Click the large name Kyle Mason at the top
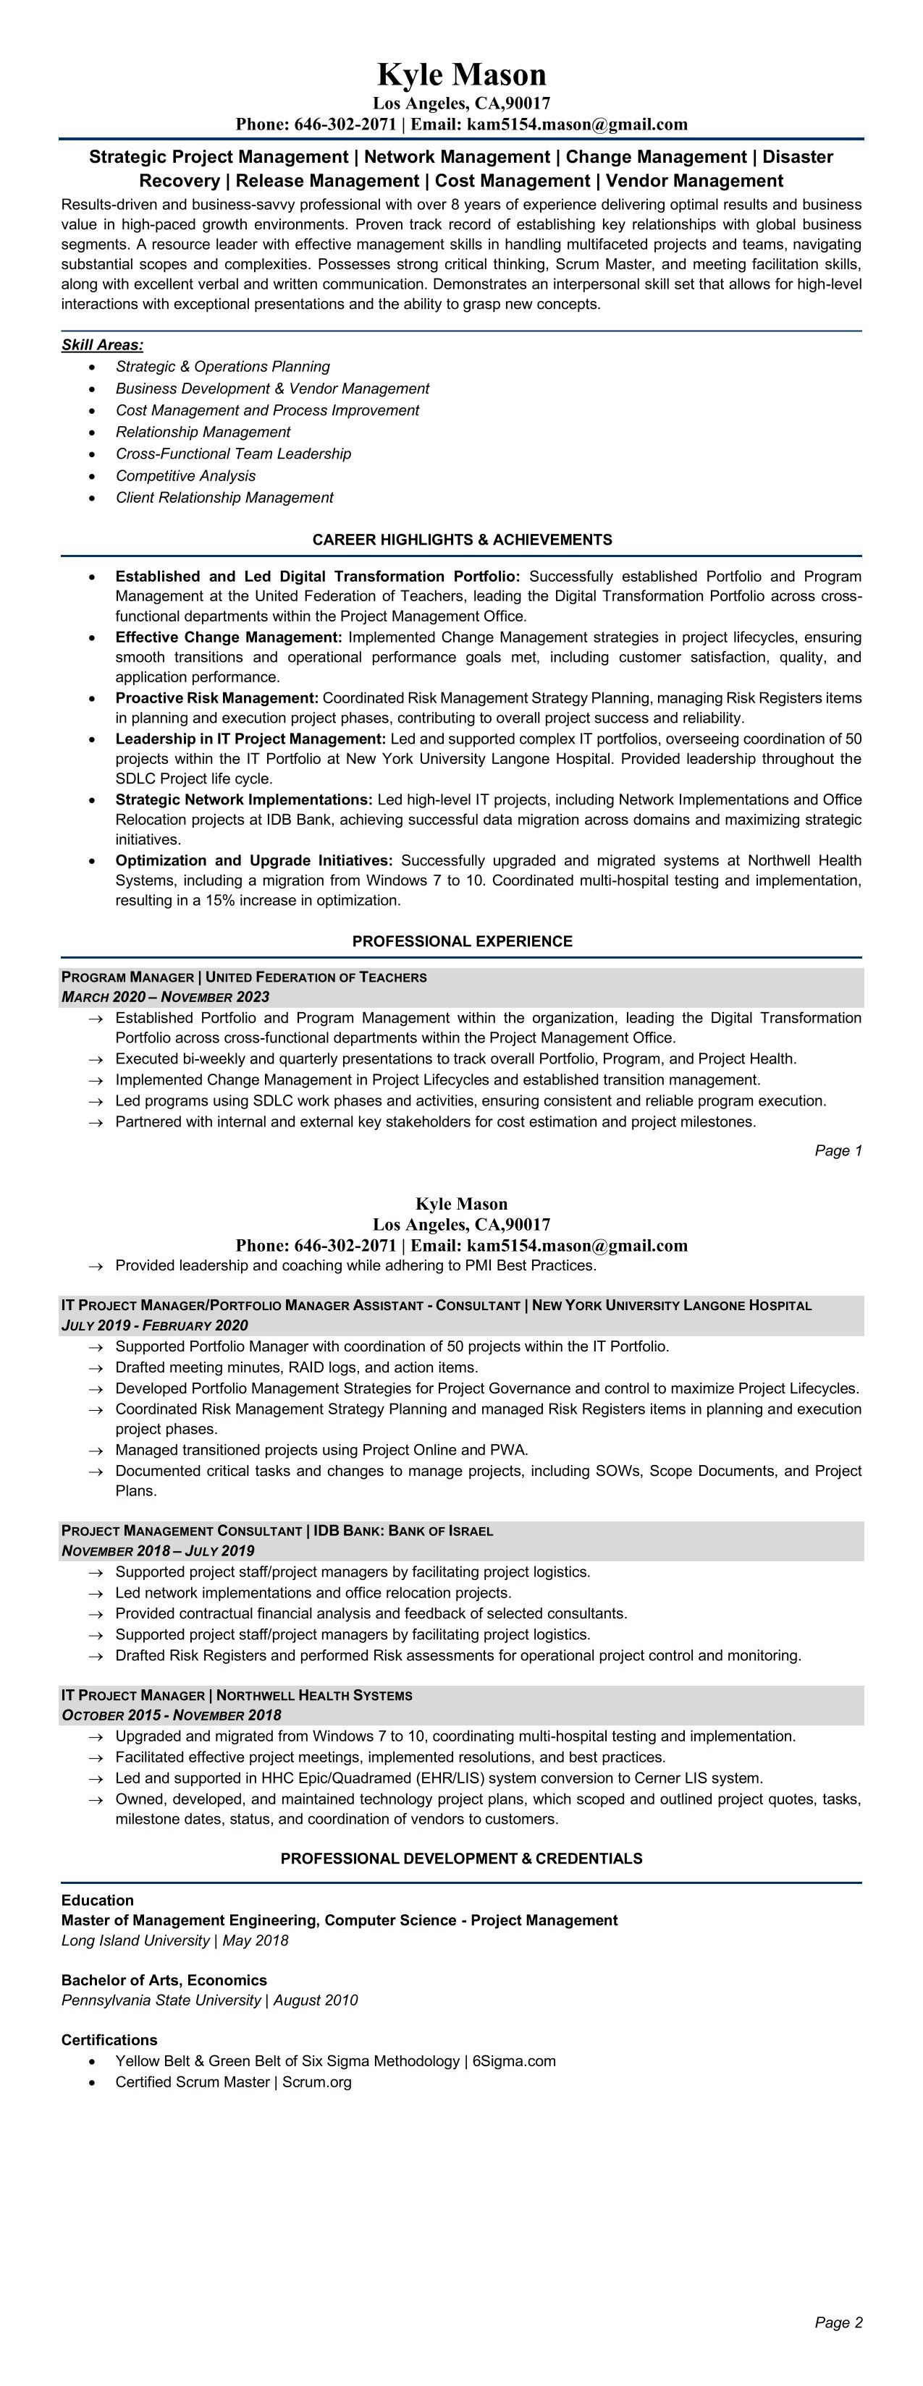(x=462, y=74)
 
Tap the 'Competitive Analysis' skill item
(x=185, y=476)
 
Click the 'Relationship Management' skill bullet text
(x=203, y=433)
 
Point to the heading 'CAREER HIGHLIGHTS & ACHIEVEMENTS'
(x=462, y=540)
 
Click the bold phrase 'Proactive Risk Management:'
(x=217, y=698)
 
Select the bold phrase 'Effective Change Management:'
(x=229, y=637)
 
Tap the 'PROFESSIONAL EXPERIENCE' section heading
(x=462, y=942)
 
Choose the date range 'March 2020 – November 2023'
(x=165, y=998)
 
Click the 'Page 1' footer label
(x=838, y=1151)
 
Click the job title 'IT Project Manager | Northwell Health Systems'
(x=236, y=1695)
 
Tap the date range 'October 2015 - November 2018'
(x=172, y=1715)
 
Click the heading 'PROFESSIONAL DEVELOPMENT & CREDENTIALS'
(x=462, y=1859)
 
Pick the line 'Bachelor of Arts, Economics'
(x=164, y=1980)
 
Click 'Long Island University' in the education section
(x=135, y=1940)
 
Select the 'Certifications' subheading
(x=109, y=2040)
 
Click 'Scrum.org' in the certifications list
(x=316, y=2082)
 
